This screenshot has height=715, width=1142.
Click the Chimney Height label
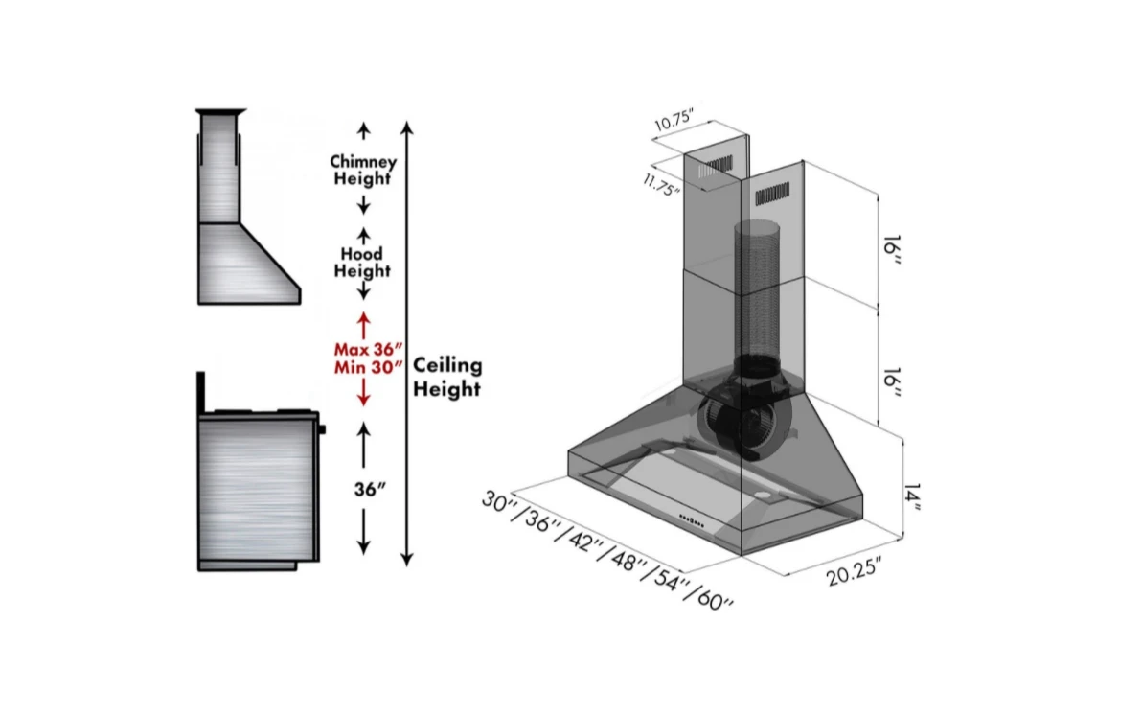[362, 171]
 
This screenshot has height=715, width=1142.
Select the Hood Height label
[362, 262]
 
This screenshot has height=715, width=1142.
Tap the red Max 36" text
[367, 350]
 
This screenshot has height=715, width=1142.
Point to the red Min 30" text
[367, 368]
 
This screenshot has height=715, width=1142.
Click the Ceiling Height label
[446, 377]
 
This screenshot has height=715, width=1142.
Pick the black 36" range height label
[369, 488]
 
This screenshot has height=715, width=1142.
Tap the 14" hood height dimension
[912, 495]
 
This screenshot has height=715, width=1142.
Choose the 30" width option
[500, 502]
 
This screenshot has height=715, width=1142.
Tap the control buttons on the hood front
[694, 520]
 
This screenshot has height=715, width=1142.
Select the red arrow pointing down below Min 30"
[364, 393]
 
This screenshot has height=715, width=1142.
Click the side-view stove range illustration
[257, 479]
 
